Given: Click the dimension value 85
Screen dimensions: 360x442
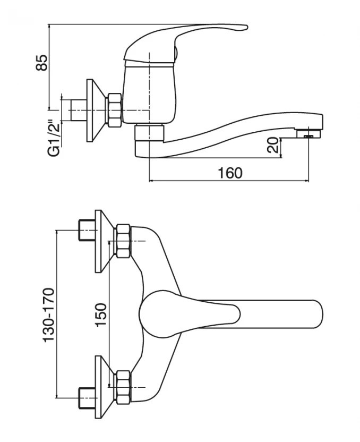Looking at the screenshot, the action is pyautogui.click(x=42, y=63).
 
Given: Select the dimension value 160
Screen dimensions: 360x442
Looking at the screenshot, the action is pyautogui.click(x=230, y=173).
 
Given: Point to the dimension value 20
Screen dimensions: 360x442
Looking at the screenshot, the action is pyautogui.click(x=272, y=145).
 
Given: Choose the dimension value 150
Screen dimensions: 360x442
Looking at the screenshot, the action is pyautogui.click(x=101, y=314).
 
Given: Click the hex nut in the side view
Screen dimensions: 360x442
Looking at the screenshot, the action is pyautogui.click(x=113, y=110).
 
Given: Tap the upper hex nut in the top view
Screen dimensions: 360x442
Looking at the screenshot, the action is pyautogui.click(x=123, y=241).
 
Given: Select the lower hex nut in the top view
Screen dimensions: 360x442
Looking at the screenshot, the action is pyautogui.click(x=123, y=387).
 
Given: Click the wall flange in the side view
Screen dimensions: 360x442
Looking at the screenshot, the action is pyautogui.click(x=93, y=110).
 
